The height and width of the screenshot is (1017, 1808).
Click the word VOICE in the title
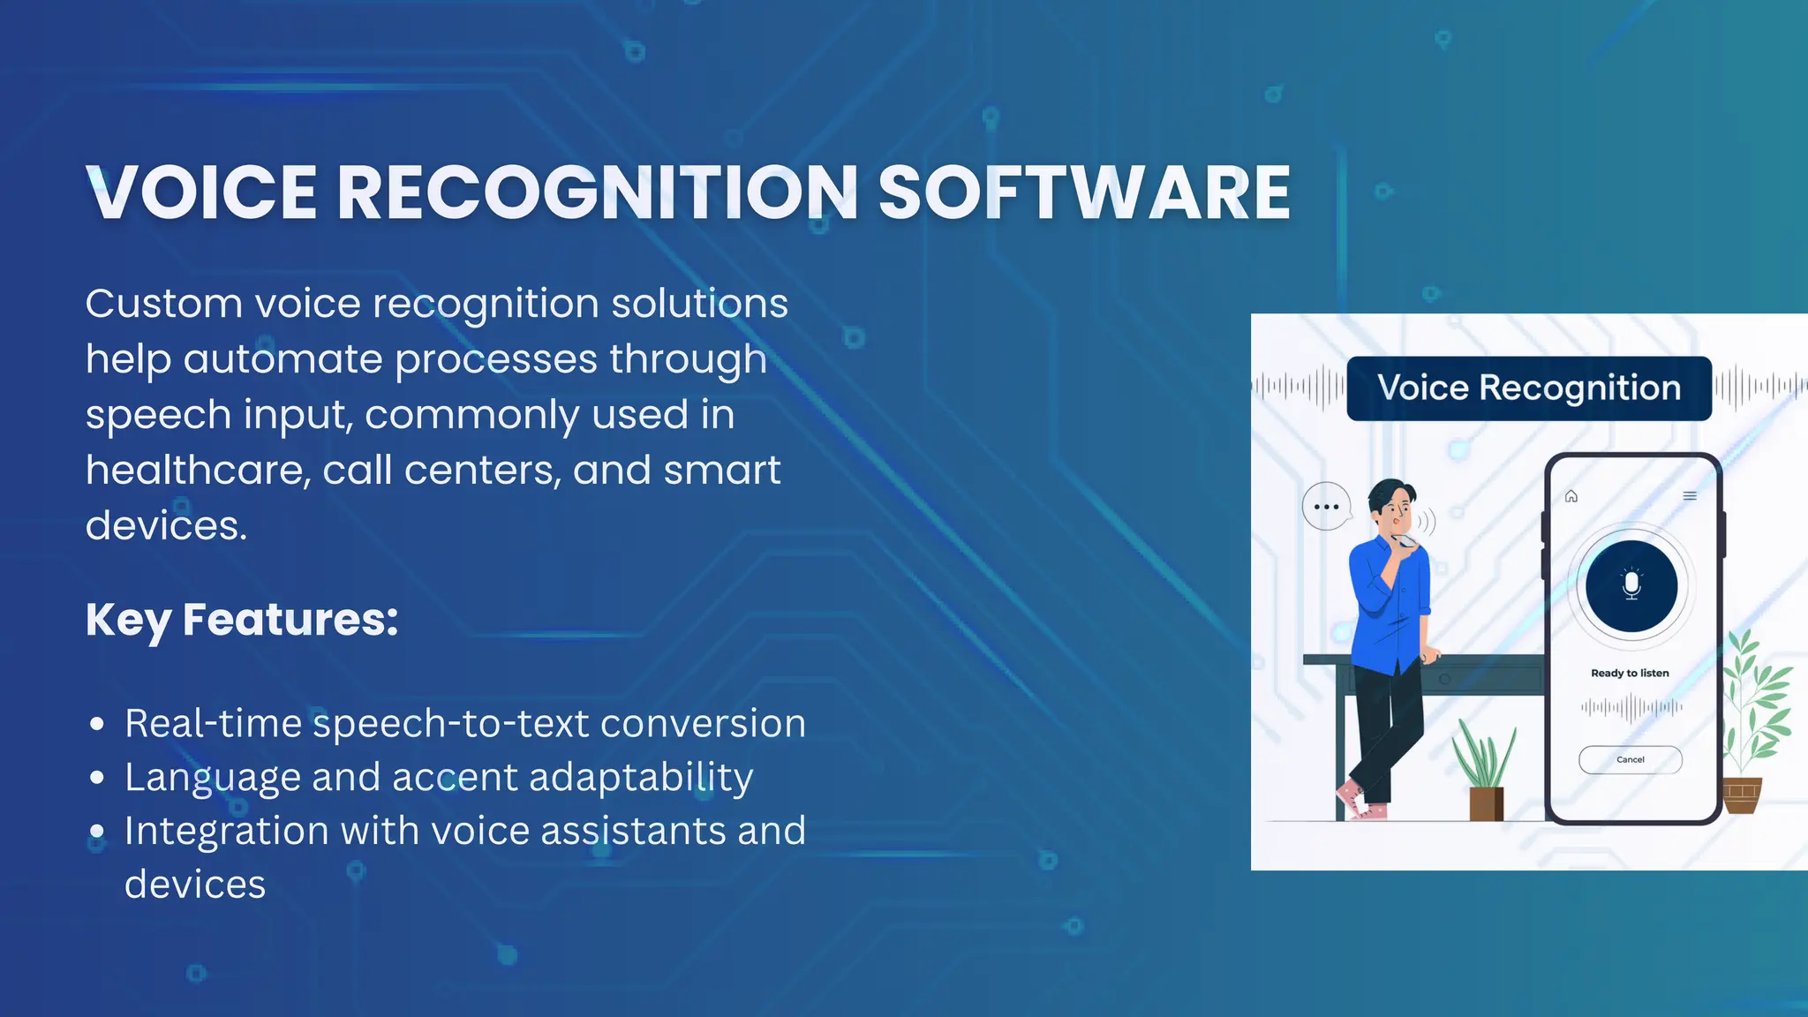202,192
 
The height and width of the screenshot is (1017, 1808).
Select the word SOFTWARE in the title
1084,192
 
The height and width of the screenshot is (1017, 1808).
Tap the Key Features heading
242,619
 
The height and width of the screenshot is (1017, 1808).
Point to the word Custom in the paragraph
163,304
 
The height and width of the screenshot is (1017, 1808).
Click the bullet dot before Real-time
97,725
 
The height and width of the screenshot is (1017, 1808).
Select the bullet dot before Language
97,778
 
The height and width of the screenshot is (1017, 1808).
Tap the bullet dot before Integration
97,832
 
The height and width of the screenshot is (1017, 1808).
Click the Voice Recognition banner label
1529,388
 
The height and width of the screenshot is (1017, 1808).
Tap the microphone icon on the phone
1631,585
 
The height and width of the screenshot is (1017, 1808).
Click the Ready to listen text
1630,673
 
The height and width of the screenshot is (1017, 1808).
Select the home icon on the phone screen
1571,496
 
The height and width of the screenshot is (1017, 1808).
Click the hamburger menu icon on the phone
1690,496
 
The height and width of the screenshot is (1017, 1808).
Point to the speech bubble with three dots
1326,507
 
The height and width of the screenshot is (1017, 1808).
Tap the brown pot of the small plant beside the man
1486,803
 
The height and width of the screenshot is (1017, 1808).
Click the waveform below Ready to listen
1631,707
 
